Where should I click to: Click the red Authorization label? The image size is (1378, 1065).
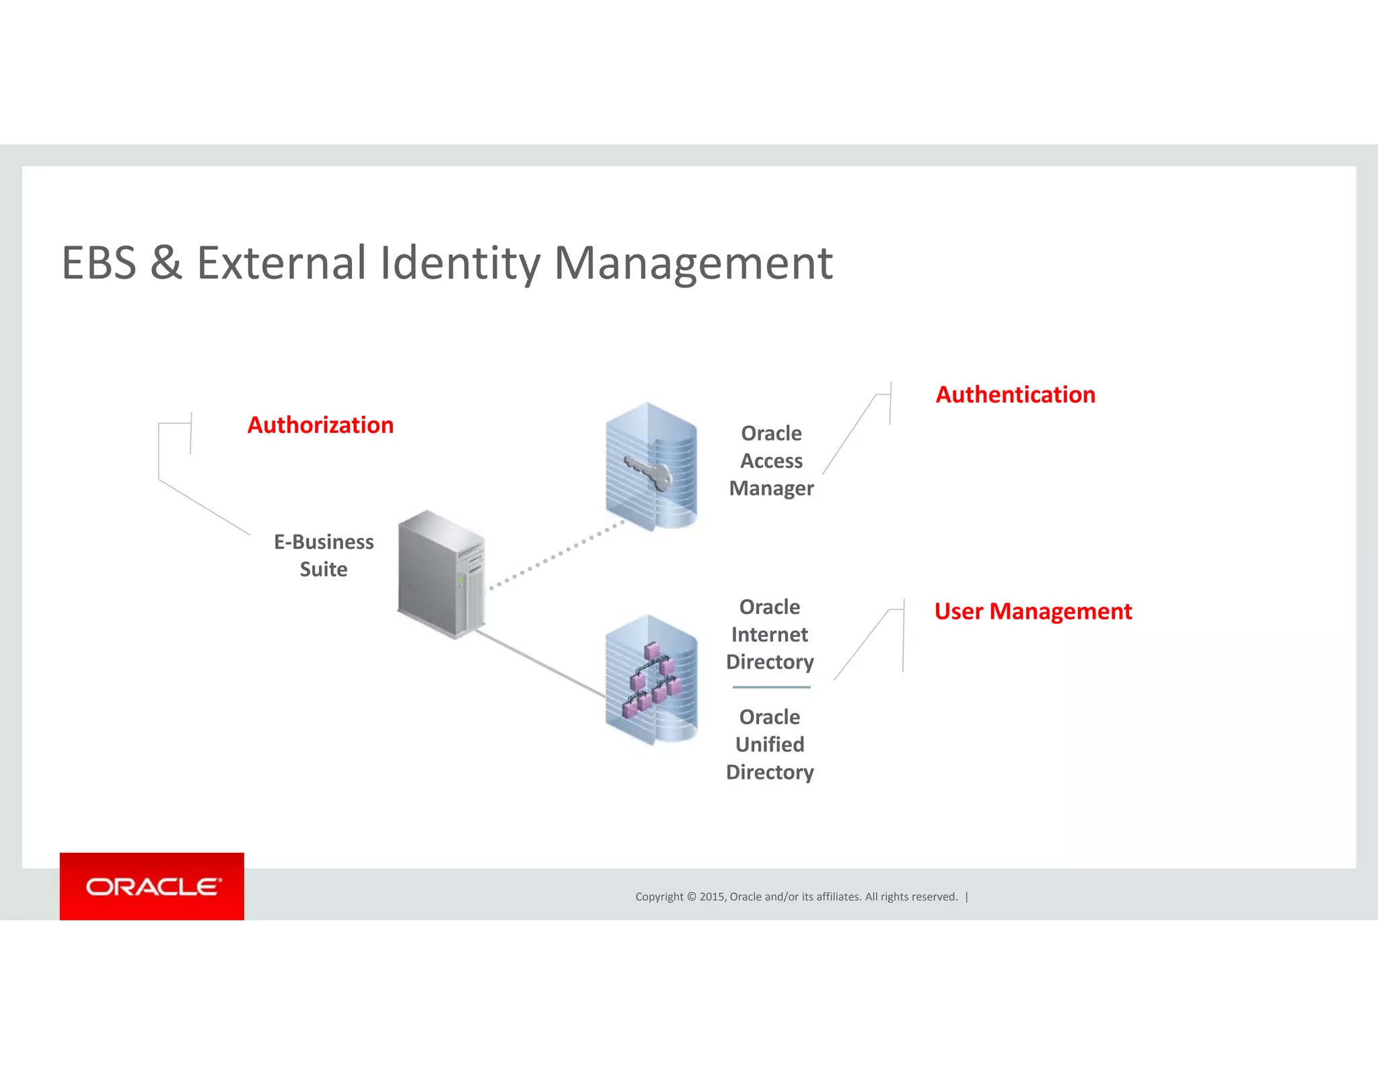tap(320, 425)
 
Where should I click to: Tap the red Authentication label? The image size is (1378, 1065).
tap(1015, 394)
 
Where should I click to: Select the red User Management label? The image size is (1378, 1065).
tap(1033, 611)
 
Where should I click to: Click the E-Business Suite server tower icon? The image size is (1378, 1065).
tap(441, 574)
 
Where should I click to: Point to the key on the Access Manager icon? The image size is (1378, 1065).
tap(648, 471)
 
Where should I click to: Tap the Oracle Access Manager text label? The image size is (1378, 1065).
tap(771, 461)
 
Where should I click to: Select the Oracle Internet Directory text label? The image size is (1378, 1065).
tap(770, 635)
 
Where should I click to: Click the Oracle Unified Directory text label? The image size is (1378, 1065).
tap(770, 745)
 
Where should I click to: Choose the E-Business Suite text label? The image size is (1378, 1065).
tap(324, 555)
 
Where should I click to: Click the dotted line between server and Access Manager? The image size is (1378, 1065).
tap(556, 556)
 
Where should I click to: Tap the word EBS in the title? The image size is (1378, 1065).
tap(99, 263)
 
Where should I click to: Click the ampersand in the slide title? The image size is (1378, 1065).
tap(166, 263)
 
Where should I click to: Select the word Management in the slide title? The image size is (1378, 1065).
tap(693, 264)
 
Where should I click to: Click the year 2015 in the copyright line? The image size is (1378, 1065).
tap(712, 897)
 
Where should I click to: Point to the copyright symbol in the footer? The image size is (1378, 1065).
tap(691, 897)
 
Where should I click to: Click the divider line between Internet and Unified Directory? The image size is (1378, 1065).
tap(771, 687)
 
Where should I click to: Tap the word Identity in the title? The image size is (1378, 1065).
tap(460, 264)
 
